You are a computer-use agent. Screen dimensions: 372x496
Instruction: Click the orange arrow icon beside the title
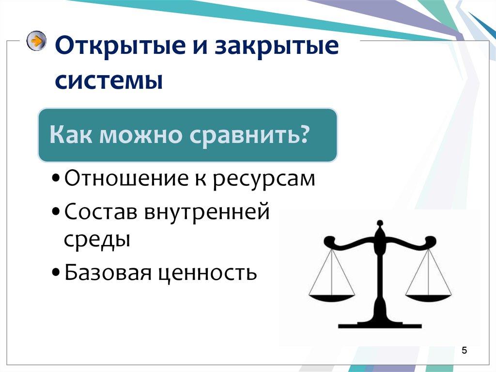pos(36,41)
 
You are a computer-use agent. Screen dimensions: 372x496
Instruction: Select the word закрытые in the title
pos(275,49)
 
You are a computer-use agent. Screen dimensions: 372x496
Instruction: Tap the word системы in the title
pos(108,81)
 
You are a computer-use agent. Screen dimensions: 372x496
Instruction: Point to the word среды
pos(97,239)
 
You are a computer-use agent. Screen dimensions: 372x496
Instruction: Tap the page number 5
pos(464,351)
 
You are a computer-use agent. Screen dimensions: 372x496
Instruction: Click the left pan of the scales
pos(332,297)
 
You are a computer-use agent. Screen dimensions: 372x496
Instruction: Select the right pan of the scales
pos(428,297)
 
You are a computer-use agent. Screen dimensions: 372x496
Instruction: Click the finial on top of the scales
pos(380,225)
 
